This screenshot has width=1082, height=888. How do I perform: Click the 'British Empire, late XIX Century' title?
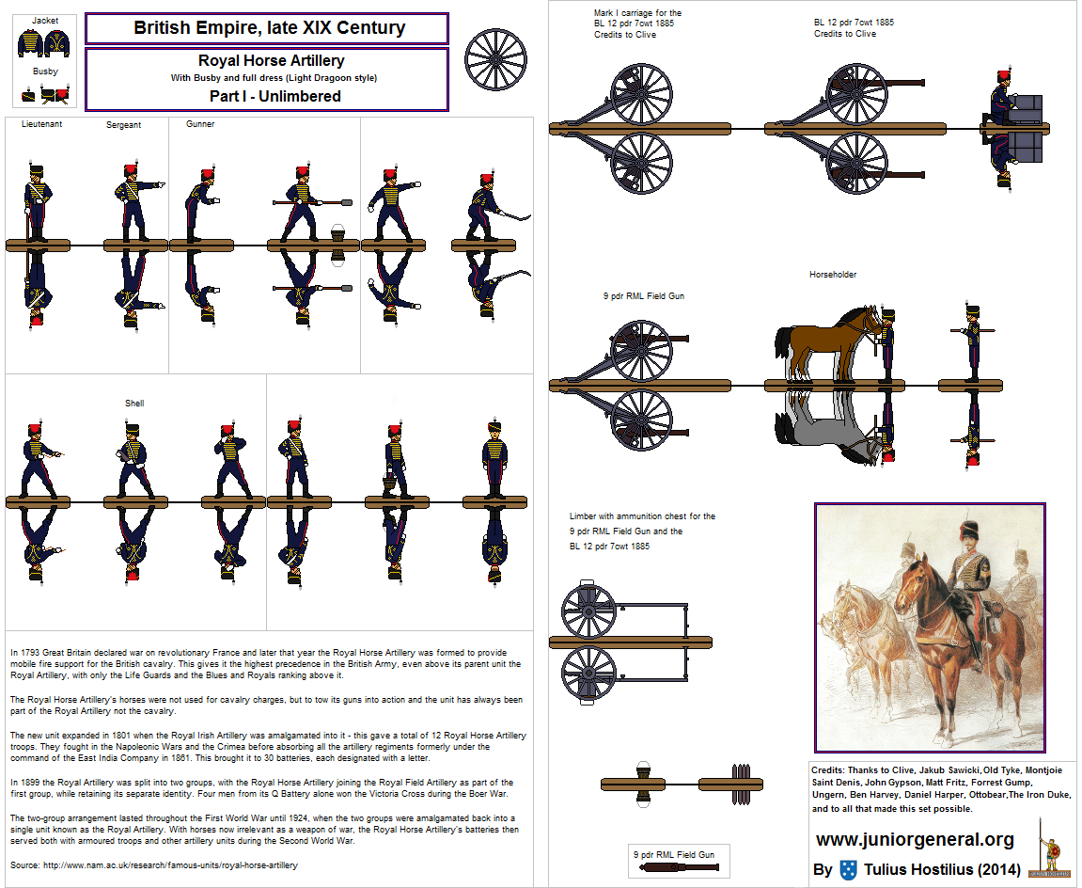[x=270, y=28]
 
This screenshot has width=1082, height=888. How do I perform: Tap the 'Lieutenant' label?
[x=41, y=124]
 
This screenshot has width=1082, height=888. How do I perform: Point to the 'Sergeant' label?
[x=123, y=125]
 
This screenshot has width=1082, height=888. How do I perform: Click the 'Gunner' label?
[x=200, y=124]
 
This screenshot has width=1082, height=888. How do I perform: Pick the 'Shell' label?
[x=134, y=404]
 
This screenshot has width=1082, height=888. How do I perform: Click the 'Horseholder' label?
[x=833, y=275]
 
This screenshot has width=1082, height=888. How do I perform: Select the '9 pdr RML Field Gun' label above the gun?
[x=644, y=296]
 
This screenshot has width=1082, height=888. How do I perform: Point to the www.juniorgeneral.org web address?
[x=915, y=839]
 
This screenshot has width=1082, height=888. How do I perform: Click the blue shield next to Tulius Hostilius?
[x=849, y=870]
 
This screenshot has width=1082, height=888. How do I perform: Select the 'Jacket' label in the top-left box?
[x=44, y=20]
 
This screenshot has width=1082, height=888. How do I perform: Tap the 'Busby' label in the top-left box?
[x=44, y=71]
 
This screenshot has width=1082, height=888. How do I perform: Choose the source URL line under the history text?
[x=153, y=865]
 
